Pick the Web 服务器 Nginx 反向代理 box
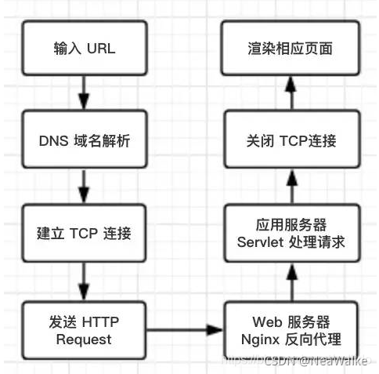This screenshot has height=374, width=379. click(291, 331)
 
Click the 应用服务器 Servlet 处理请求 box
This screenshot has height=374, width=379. click(291, 234)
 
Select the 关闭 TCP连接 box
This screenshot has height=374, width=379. click(291, 141)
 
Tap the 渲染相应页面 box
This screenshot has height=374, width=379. click(291, 49)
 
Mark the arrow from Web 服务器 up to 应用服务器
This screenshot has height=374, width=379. click(291, 281)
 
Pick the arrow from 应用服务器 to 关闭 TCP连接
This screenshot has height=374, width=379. click(291, 188)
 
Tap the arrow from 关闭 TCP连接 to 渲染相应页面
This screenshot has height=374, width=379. click(291, 95)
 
